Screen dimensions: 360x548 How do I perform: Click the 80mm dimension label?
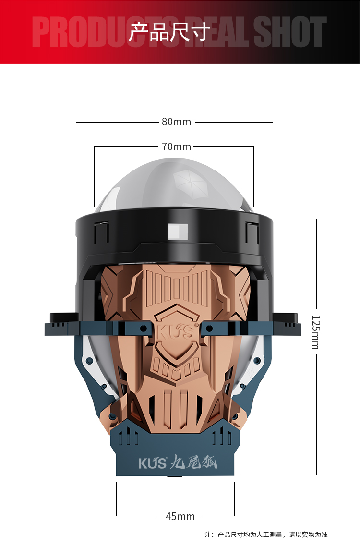[x=176, y=122]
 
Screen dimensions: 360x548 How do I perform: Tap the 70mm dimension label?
[x=176, y=146]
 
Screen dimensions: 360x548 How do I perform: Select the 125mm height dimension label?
[x=316, y=332]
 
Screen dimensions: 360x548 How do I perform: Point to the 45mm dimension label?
[x=180, y=516]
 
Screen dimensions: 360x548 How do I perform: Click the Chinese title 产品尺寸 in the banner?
[x=170, y=33]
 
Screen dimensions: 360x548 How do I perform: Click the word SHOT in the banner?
[x=289, y=32]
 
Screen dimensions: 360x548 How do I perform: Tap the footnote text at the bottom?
[x=266, y=535]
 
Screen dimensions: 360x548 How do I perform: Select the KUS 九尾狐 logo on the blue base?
[x=178, y=463]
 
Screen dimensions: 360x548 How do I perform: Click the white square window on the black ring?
[x=178, y=231]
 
